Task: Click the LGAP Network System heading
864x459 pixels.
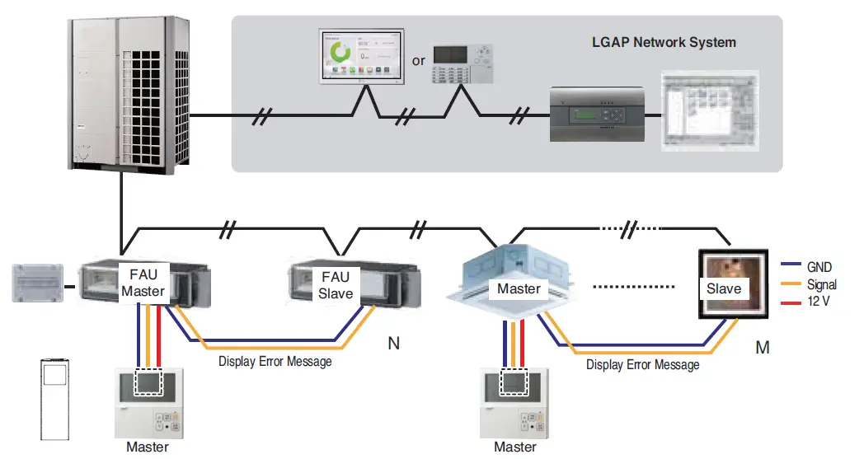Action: (x=664, y=42)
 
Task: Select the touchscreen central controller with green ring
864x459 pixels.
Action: (x=362, y=58)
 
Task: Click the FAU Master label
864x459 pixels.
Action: (x=143, y=283)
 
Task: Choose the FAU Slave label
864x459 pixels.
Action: (x=336, y=285)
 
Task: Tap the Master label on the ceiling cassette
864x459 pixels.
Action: (x=519, y=288)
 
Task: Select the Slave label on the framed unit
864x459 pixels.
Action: (x=724, y=288)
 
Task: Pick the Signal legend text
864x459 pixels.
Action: (x=822, y=284)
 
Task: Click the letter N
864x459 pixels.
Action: (x=394, y=343)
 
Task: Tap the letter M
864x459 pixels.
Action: (x=763, y=348)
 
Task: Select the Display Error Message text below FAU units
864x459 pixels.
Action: (x=275, y=361)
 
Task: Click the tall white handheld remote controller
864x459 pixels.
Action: (x=54, y=399)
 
